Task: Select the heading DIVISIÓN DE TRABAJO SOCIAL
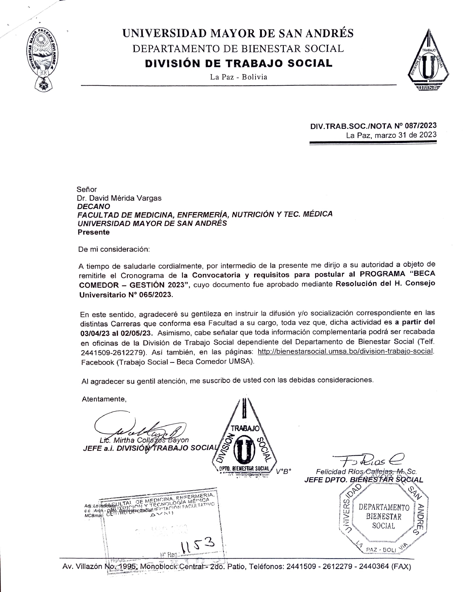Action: (x=238, y=63)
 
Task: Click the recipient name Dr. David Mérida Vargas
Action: (x=119, y=198)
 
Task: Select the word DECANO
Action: (x=94, y=206)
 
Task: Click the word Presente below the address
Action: (x=94, y=232)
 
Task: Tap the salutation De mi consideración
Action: (x=114, y=249)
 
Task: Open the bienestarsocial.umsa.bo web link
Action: (x=346, y=351)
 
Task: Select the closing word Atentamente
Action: (x=104, y=399)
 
